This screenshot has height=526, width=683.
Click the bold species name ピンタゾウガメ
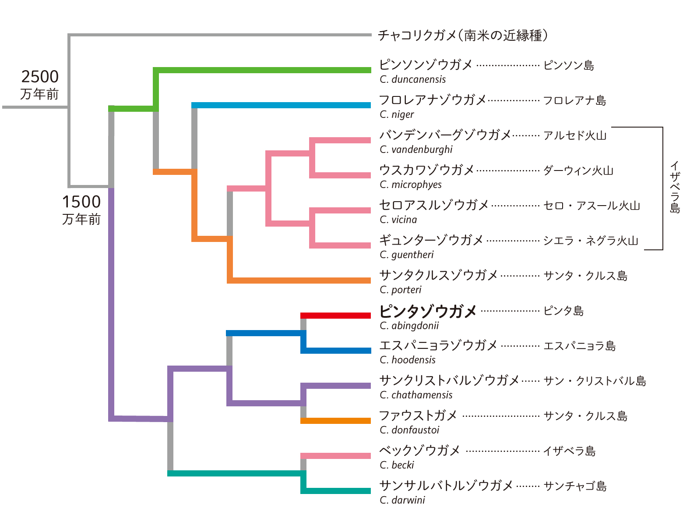(x=427, y=311)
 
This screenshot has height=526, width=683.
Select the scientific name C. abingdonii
(x=409, y=326)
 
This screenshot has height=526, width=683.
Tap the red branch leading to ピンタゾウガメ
(x=335, y=316)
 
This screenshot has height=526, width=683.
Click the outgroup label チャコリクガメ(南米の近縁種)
(x=462, y=35)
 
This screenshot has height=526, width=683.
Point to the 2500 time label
(x=40, y=77)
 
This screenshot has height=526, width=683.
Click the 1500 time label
(x=81, y=202)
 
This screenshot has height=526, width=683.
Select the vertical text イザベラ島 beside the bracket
(x=675, y=187)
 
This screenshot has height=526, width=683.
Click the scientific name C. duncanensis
(x=412, y=79)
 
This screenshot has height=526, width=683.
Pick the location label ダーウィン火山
(x=578, y=171)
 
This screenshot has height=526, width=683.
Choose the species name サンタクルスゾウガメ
(x=438, y=275)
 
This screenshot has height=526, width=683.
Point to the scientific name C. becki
(x=397, y=465)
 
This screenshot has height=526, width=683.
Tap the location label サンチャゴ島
(x=575, y=486)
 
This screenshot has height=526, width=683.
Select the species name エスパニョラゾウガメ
(x=438, y=345)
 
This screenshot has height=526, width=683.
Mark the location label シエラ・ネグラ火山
(x=591, y=241)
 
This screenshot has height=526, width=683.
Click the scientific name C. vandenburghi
(x=416, y=149)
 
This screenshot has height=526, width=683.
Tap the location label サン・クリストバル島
(x=595, y=381)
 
